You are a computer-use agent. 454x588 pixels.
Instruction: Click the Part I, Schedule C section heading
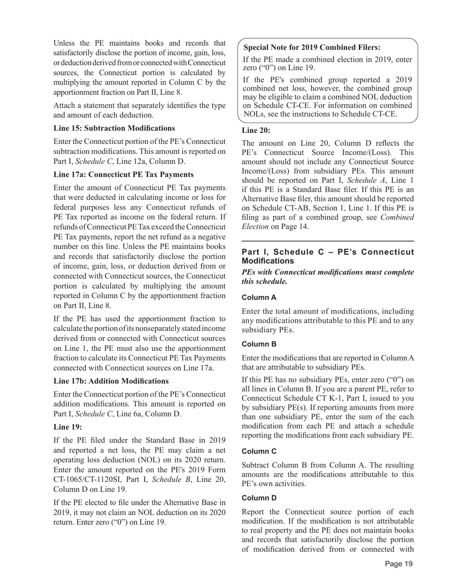327,256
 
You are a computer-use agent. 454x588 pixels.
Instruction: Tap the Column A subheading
259,297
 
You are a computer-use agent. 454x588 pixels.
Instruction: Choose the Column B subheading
259,344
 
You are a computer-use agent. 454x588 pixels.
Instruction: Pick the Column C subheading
259,451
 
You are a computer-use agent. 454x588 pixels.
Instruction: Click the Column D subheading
259,498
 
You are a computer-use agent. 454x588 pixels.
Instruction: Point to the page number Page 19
399,564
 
